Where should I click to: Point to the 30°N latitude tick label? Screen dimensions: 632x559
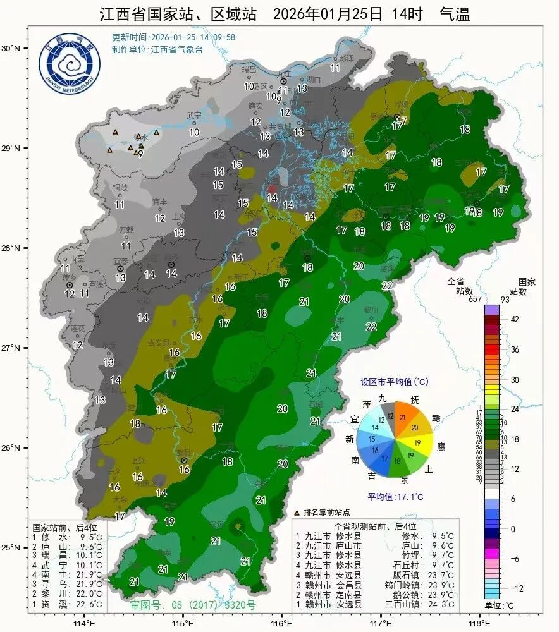11,48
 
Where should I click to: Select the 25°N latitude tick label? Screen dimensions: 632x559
11,547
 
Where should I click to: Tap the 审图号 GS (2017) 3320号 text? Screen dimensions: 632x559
193,605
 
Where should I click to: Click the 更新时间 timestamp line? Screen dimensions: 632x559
174,37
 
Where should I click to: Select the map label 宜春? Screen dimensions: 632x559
120,261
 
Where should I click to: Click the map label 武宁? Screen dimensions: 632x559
193,116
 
